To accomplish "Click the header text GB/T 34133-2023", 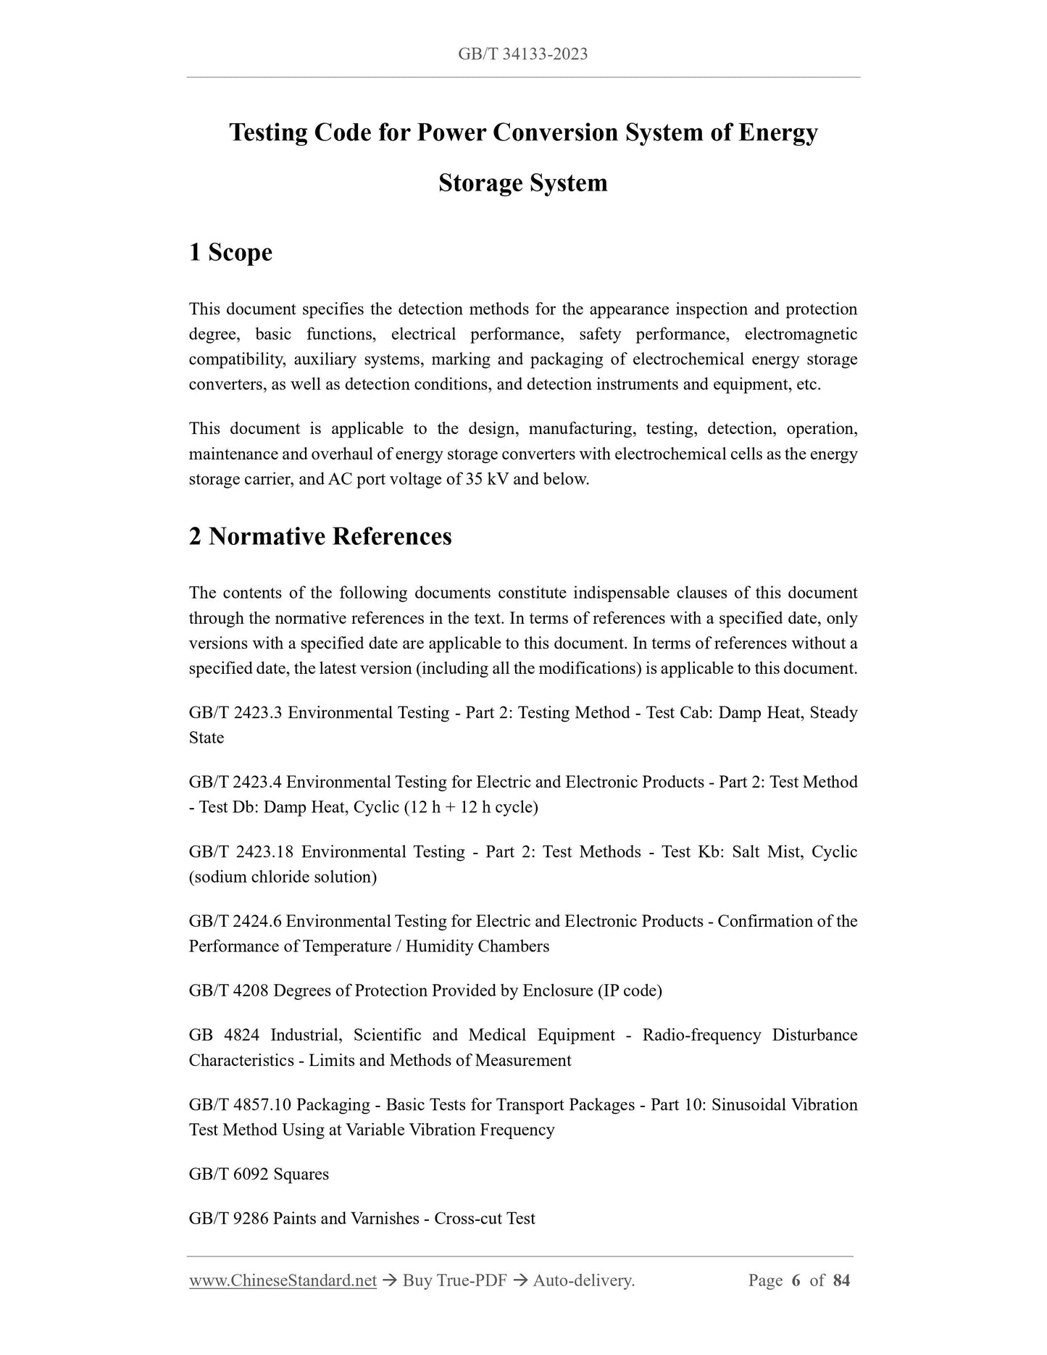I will coord(522,54).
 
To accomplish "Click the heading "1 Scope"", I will coord(230,252).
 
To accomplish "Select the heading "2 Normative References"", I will coord(320,536).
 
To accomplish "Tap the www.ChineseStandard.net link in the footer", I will coord(283,1280).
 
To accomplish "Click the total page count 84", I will coord(841,1280).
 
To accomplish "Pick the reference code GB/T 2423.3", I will coord(235,712).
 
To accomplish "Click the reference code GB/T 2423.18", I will coord(241,851).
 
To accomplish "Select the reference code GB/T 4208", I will coord(228,991).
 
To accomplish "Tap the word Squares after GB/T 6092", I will coord(301,1174).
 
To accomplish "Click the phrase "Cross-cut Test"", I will coord(484,1218).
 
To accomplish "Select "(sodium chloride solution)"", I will coord(283,877).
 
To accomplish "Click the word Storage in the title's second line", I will coord(480,183).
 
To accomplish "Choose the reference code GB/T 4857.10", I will coord(240,1104).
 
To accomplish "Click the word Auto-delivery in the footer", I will coord(583,1280).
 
